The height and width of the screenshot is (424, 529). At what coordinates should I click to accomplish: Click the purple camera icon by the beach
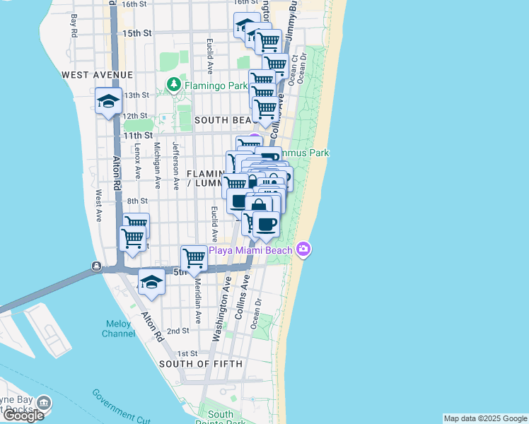coord(304,248)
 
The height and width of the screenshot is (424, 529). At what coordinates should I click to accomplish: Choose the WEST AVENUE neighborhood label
coord(97,75)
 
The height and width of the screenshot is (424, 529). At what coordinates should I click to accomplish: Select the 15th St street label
coord(137,33)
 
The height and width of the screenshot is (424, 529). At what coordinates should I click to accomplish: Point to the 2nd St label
coord(178,331)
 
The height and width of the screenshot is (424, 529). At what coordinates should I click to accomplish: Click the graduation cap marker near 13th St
coord(108,100)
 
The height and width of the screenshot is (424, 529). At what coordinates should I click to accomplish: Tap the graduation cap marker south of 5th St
coord(151,282)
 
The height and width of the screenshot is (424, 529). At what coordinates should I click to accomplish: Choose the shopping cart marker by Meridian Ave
coord(194,258)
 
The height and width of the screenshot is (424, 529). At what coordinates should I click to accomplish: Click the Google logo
coord(23,416)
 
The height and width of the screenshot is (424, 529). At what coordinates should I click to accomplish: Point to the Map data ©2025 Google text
coord(485,418)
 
